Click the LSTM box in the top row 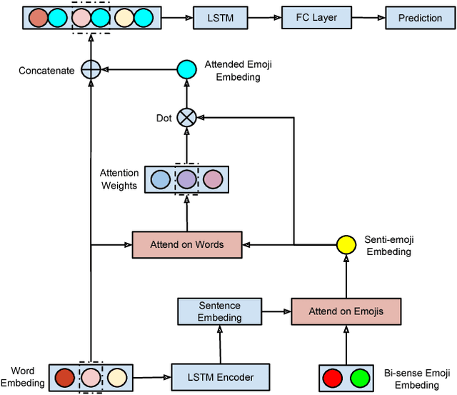click(x=214, y=18)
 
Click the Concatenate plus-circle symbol click(x=90, y=69)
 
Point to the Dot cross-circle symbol click(x=186, y=117)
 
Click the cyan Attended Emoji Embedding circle click(x=186, y=69)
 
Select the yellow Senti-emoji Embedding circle click(x=346, y=245)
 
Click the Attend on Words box click(x=186, y=244)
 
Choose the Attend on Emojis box click(x=346, y=311)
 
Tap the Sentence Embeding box click(x=219, y=311)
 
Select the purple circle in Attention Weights click(x=186, y=179)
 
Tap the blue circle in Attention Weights click(x=161, y=179)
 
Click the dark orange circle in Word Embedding click(x=64, y=376)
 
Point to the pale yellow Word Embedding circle click(x=116, y=376)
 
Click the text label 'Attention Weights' click(x=119, y=179)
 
